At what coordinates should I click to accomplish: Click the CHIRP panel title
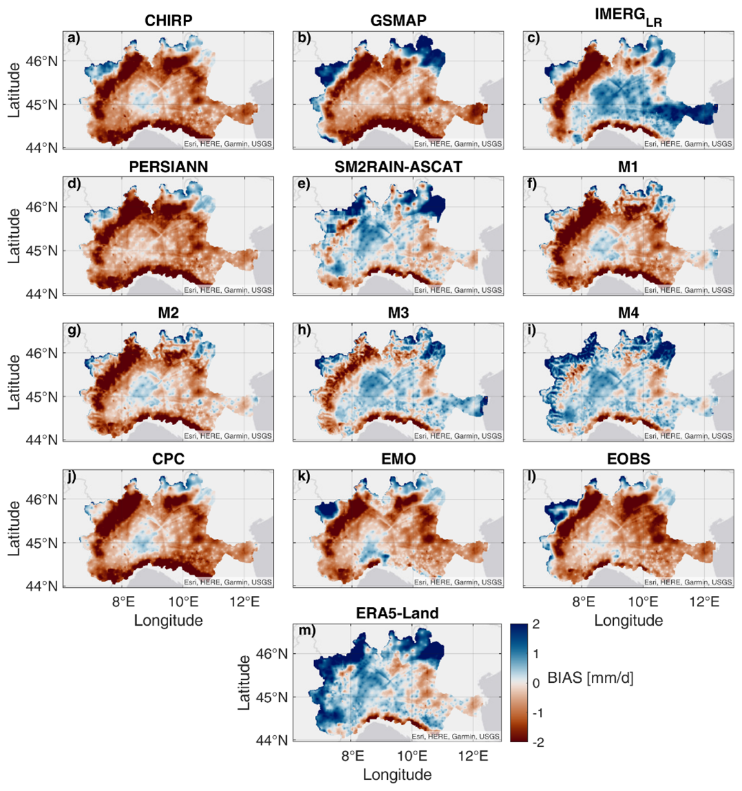[168, 21]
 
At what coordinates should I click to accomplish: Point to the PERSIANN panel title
[168, 167]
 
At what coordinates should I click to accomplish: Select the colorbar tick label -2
[538, 740]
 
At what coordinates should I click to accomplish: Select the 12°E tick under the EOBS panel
[704, 601]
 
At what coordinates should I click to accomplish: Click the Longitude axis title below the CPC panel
[168, 619]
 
